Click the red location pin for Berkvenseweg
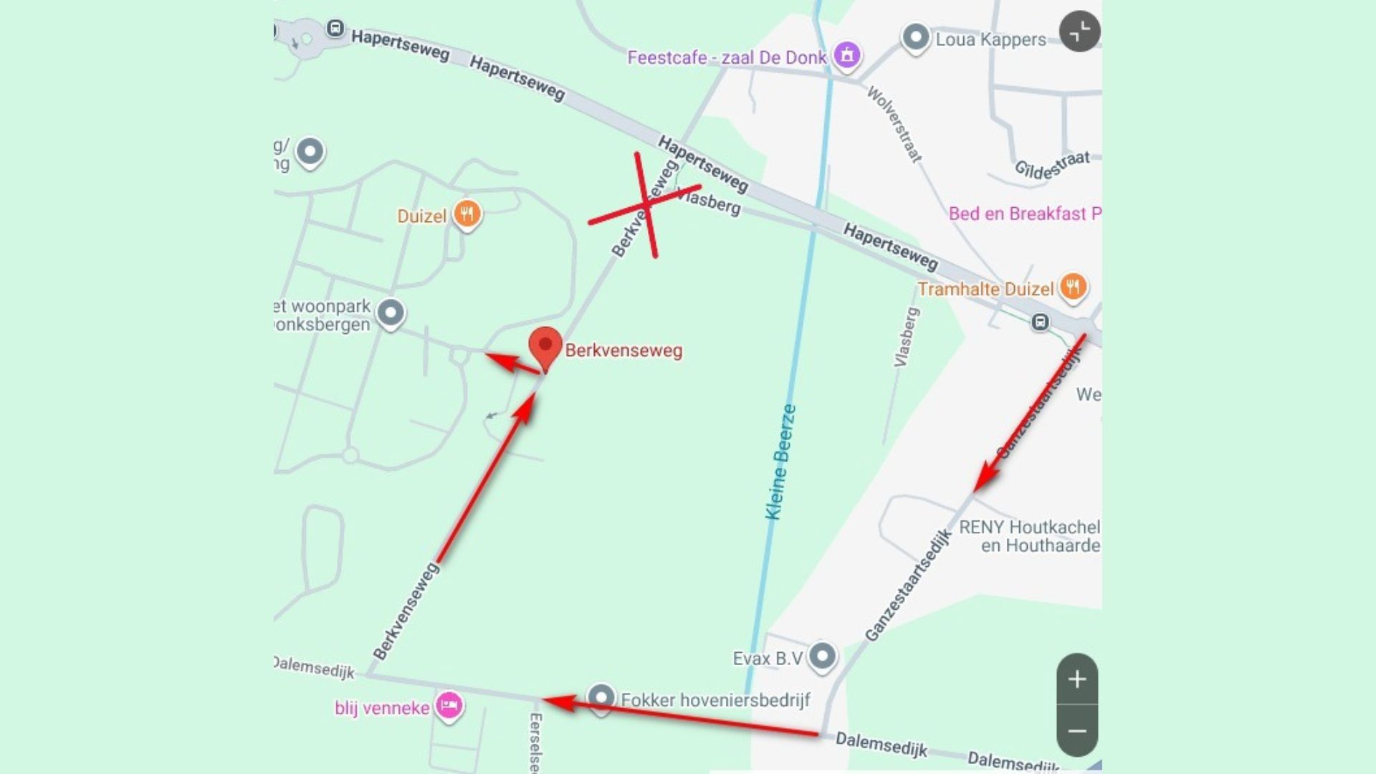pos(545,346)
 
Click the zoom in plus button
pos(1077,679)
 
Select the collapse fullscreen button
pos(1079,32)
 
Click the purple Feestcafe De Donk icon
pos(847,54)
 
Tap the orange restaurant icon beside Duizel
pos(467,214)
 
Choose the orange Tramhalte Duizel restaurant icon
pos(1072,287)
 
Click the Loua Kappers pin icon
pos(916,37)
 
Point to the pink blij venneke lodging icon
pos(449,705)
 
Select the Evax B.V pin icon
pos(823,656)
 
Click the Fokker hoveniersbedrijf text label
pos(715,700)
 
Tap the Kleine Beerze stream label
pos(781,462)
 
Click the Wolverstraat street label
pos(894,124)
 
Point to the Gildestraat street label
pos(1052,166)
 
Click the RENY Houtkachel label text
pos(1029,536)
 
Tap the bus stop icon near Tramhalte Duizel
pos(1040,322)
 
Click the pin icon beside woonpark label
pos(391,313)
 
